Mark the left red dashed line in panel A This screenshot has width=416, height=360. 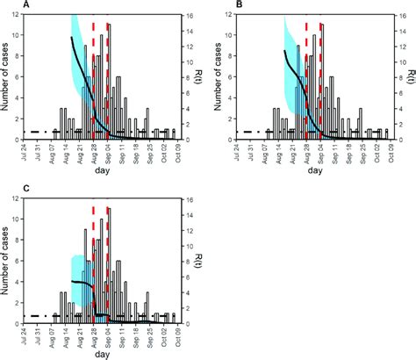point(93,79)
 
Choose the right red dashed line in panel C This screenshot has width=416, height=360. point(108,263)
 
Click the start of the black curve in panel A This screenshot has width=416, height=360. point(71,39)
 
